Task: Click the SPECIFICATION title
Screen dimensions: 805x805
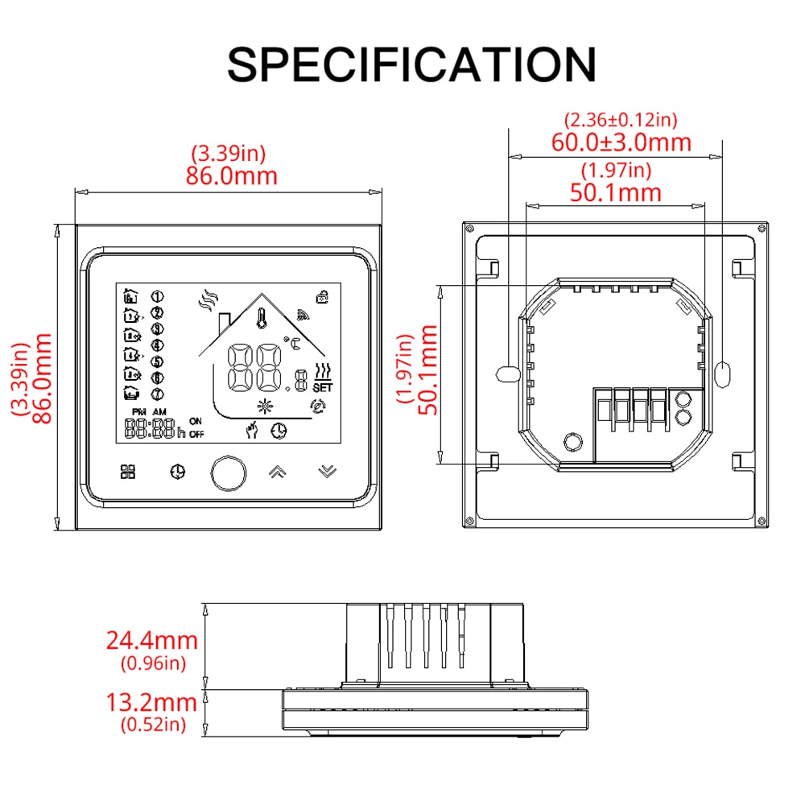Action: click(x=411, y=64)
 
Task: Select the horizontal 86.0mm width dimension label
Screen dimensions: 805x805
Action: click(x=231, y=175)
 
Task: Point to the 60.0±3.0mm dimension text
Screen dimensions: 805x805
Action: click(x=621, y=142)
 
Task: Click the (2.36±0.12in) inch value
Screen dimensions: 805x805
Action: click(x=621, y=120)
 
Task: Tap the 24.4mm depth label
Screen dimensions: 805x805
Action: click(x=152, y=641)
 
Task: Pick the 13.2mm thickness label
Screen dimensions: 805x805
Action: click(x=152, y=702)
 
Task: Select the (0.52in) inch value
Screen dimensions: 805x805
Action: click(x=153, y=724)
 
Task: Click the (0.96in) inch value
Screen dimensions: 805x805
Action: click(x=153, y=663)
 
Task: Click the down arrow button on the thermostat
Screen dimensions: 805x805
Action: click(x=326, y=472)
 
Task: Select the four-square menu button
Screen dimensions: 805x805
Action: click(x=128, y=472)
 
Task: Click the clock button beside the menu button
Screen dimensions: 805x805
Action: click(x=177, y=472)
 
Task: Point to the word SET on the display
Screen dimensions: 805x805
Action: click(x=322, y=386)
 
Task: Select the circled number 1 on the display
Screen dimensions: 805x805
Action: click(x=158, y=296)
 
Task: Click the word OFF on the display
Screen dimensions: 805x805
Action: click(x=196, y=434)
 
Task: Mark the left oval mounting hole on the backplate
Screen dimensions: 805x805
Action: click(x=507, y=373)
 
